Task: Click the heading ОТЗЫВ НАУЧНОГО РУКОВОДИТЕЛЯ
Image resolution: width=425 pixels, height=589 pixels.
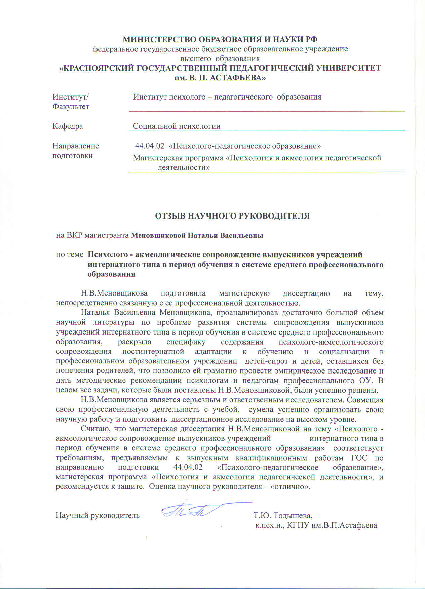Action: [x=232, y=216]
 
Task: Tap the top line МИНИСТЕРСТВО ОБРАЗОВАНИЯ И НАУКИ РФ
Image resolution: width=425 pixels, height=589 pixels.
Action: [x=220, y=39]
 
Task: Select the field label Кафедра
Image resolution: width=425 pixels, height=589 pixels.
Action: [x=68, y=126]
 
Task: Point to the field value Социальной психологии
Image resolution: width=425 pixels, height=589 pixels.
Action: [x=177, y=126]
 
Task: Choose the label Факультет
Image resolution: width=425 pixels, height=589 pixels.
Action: [x=71, y=107]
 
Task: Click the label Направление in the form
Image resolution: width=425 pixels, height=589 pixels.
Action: [x=76, y=146]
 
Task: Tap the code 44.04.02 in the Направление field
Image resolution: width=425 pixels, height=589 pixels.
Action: [x=149, y=146]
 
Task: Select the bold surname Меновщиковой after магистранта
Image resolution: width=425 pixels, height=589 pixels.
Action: [x=158, y=235]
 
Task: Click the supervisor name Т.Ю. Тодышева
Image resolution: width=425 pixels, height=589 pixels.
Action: [x=283, y=515]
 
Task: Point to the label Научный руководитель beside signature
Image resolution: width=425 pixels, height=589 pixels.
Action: [x=98, y=515]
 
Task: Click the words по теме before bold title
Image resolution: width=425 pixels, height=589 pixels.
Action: [x=70, y=254]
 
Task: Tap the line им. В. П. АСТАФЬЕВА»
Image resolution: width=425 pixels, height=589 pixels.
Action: [x=220, y=78]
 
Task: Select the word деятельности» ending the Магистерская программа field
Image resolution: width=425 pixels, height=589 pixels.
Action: [x=184, y=167]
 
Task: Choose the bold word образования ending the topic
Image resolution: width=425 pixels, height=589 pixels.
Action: [x=112, y=274]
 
